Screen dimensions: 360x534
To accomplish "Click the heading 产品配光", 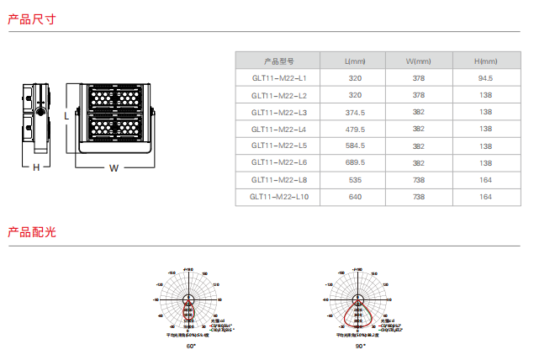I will [x=32, y=232].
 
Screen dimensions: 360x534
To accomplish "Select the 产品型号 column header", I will [x=278, y=61].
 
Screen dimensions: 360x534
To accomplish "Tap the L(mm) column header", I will [x=355, y=61].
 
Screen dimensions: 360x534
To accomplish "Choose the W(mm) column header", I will [x=418, y=61].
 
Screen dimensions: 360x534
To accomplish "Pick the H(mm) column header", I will [x=485, y=61].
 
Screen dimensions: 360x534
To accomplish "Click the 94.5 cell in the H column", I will [x=485, y=78].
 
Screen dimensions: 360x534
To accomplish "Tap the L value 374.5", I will [x=355, y=112].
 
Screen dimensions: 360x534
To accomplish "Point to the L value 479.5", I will [x=355, y=129].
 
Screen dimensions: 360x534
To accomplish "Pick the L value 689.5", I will [x=355, y=162].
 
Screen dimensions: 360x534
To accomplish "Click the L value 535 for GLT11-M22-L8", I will [x=355, y=179].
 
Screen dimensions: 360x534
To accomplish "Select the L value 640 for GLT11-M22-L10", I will [x=355, y=196].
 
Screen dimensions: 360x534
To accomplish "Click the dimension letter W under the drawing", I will [x=114, y=167].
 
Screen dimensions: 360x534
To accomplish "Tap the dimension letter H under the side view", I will [x=36, y=167].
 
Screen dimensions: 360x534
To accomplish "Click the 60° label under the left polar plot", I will [x=191, y=346].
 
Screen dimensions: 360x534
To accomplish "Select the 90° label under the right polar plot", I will [x=360, y=346].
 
